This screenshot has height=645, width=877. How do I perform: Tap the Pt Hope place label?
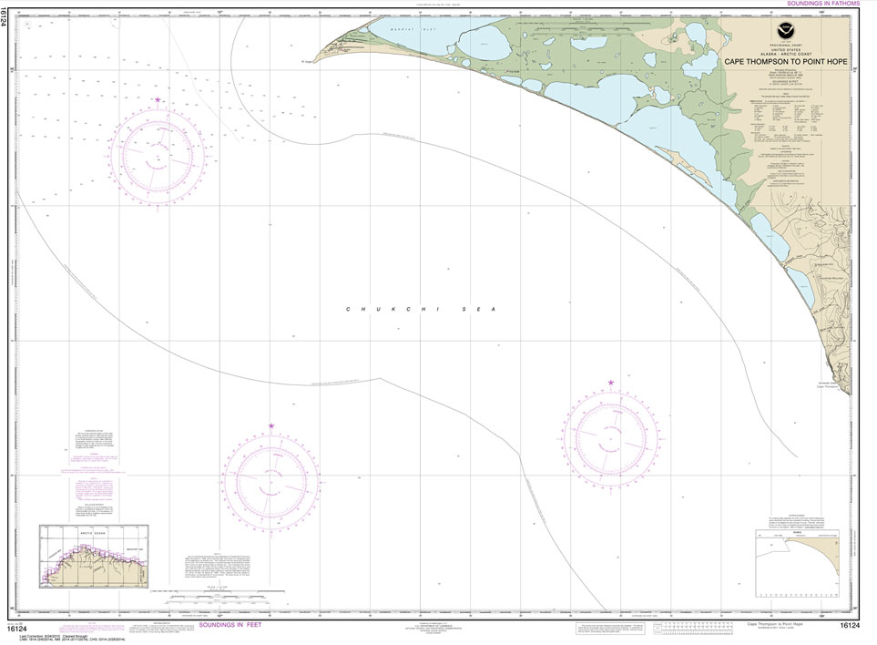pyautogui.click(x=308, y=62)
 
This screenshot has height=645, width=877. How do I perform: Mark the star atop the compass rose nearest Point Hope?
pyautogui.click(x=158, y=98)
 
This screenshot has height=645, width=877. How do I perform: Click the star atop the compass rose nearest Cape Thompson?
pyautogui.click(x=610, y=383)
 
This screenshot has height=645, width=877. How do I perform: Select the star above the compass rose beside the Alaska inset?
pyautogui.click(x=271, y=426)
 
